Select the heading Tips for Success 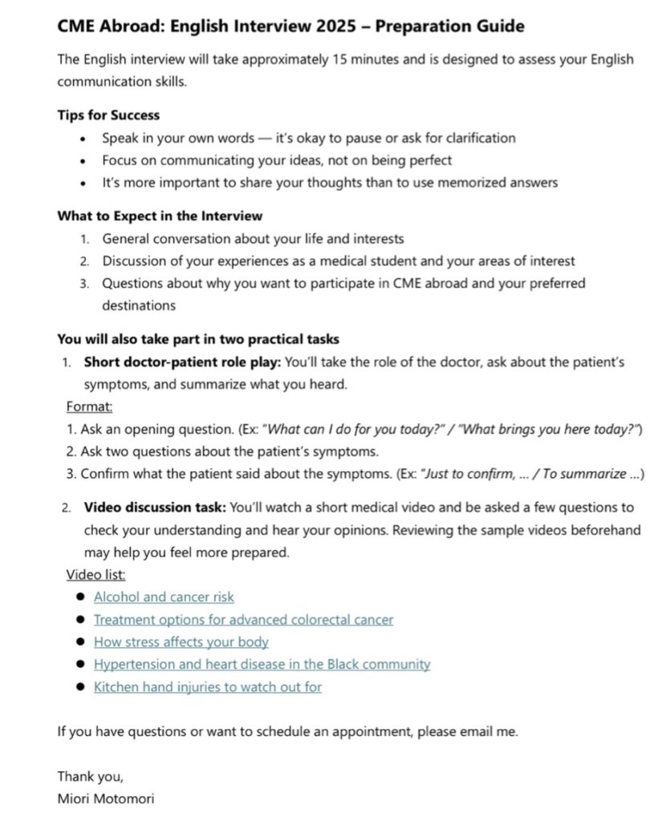point(108,115)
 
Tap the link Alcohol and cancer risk point(164,597)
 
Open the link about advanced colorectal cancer point(243,619)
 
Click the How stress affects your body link point(181,641)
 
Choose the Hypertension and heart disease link point(262,664)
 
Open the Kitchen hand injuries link point(208,686)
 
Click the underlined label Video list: point(95,574)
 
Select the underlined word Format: point(89,406)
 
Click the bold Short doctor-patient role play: point(183,362)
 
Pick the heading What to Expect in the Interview point(160,216)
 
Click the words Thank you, point(90,776)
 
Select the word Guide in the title point(501,26)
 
